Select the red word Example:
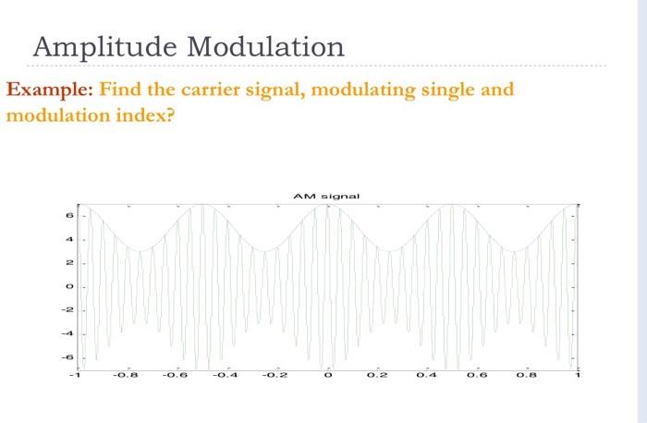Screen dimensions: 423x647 point(49,91)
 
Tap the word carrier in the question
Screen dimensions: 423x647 point(198,91)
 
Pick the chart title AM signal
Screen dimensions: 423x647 point(326,196)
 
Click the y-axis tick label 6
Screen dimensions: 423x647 point(67,215)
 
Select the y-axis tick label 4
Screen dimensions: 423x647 point(67,239)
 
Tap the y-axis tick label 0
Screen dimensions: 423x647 point(67,286)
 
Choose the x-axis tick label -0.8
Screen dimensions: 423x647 point(128,376)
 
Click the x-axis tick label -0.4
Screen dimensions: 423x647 point(227,376)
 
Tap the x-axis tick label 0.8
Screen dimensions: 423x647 point(528,376)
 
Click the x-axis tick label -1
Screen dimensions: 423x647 point(78,376)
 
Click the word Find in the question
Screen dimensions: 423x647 point(118,91)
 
